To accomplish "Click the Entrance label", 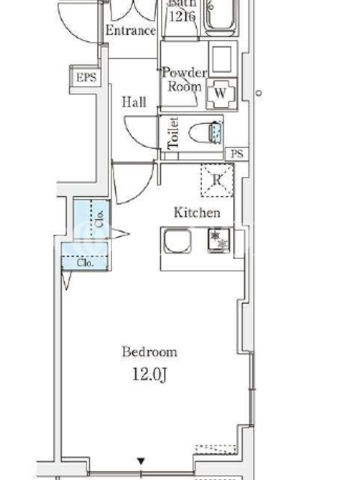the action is (x=131, y=31).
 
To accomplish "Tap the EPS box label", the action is (x=86, y=77).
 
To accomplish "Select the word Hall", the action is (x=134, y=102).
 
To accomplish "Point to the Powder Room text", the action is (x=185, y=80).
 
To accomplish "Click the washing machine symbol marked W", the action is (x=221, y=94).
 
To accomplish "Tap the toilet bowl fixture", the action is (x=206, y=133).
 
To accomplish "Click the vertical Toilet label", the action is (x=173, y=133).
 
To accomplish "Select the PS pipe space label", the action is (x=237, y=154).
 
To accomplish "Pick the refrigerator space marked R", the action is (x=217, y=180).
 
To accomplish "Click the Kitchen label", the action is (x=197, y=212).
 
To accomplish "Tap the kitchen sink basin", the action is (x=178, y=242).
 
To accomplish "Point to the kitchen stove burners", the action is (x=219, y=241).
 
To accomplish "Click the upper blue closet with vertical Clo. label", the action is (x=92, y=218).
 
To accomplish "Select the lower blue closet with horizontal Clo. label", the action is (x=85, y=257).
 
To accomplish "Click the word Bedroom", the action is (x=149, y=352).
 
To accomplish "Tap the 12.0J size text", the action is (x=149, y=374).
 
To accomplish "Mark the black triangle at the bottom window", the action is (x=141, y=461).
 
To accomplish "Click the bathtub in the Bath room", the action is (x=221, y=17).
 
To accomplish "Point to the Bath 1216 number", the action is (x=182, y=16).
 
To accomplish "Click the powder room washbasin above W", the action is (x=223, y=59).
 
